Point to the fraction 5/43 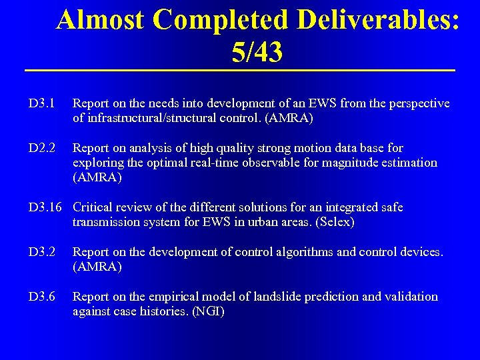[257, 53]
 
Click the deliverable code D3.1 [41, 104]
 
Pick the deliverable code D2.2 [41, 148]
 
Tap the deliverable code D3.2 [41, 252]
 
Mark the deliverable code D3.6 [41, 297]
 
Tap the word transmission [107, 222]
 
